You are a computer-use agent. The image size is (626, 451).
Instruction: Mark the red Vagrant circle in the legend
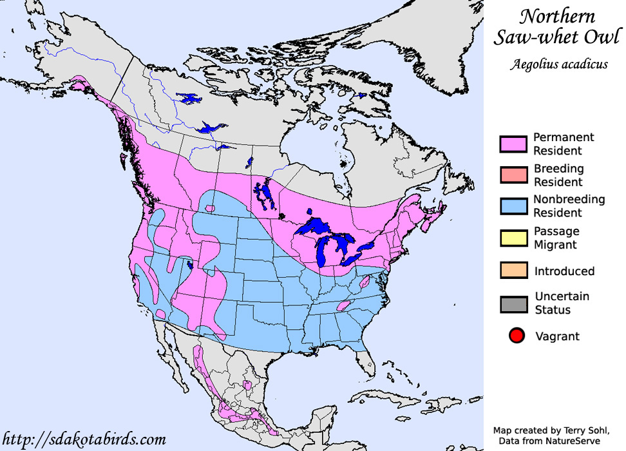[x=515, y=336]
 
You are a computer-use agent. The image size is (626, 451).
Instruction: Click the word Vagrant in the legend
[x=557, y=336]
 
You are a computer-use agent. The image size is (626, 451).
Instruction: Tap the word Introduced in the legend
[x=564, y=271]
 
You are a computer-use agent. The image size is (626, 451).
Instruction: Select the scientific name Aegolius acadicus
[x=558, y=64]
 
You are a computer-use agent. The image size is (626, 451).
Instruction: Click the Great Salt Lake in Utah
[x=189, y=265]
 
